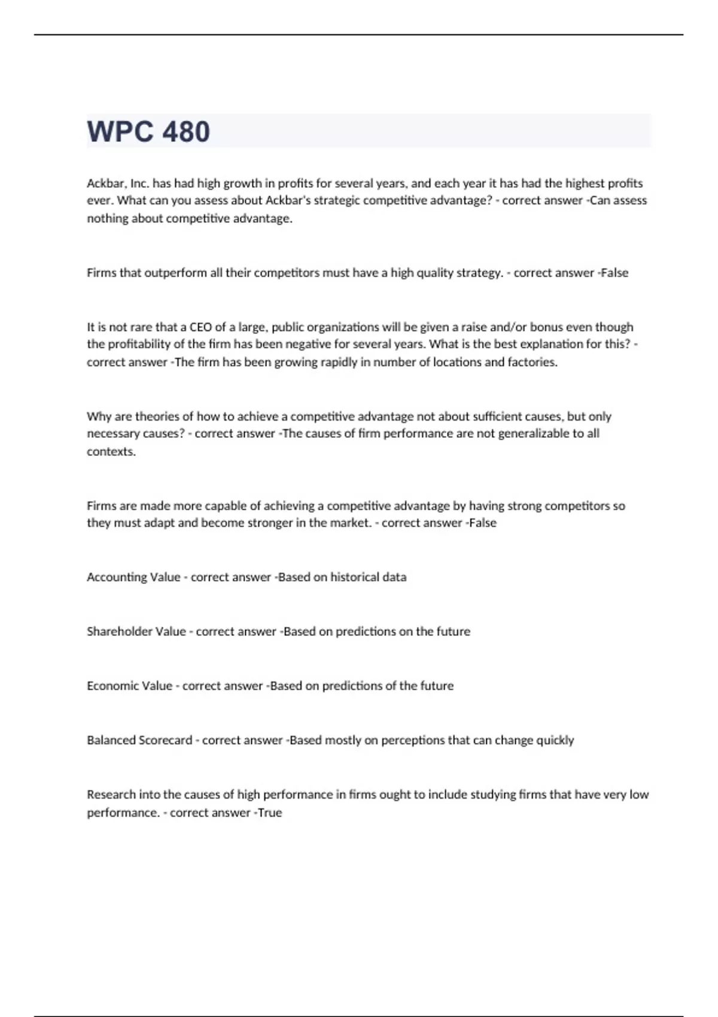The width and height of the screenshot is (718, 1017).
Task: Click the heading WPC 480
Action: [148, 132]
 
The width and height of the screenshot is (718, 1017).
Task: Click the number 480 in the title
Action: [185, 132]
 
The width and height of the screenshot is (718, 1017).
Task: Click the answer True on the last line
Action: [270, 812]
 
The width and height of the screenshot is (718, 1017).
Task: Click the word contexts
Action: [111, 451]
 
